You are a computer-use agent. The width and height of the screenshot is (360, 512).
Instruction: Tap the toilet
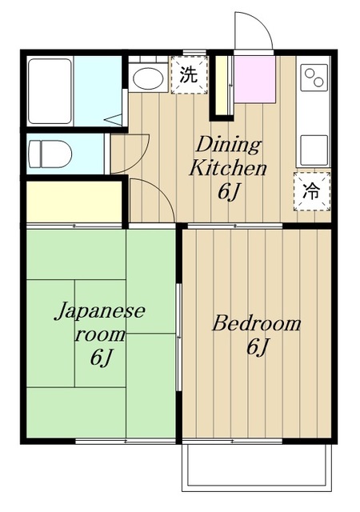pyautogui.click(x=50, y=151)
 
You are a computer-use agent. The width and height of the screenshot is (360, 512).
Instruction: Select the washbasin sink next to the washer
pyautogui.click(x=146, y=78)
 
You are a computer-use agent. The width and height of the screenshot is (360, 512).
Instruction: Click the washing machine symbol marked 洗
pyautogui.click(x=187, y=77)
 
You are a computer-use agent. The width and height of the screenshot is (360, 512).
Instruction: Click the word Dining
pyautogui.click(x=229, y=146)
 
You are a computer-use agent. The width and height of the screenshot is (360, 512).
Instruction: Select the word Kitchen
pyautogui.click(x=227, y=170)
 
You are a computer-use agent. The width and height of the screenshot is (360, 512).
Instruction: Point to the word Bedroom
pyautogui.click(x=256, y=324)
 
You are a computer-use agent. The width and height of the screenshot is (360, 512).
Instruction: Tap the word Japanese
pyautogui.click(x=100, y=310)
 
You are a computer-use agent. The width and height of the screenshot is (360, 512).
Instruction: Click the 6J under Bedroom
pyautogui.click(x=257, y=348)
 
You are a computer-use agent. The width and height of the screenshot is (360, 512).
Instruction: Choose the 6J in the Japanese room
pyautogui.click(x=101, y=358)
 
